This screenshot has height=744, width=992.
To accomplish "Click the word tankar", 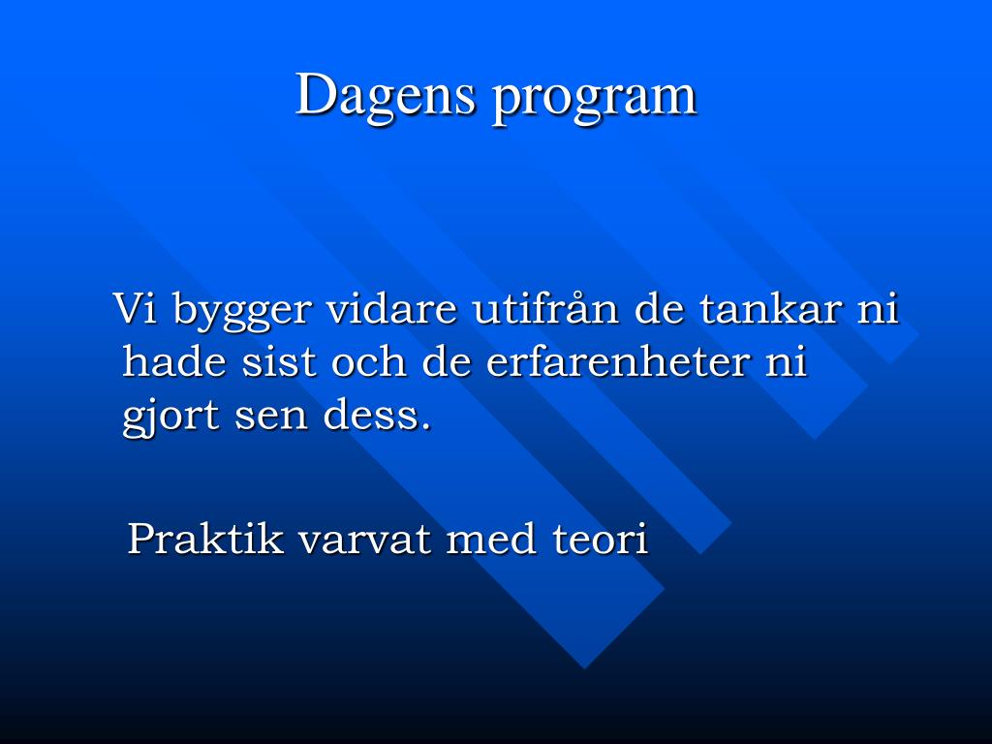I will [769, 310].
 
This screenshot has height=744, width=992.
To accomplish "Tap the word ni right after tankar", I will [878, 310].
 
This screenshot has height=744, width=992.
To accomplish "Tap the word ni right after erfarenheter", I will [787, 362].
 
